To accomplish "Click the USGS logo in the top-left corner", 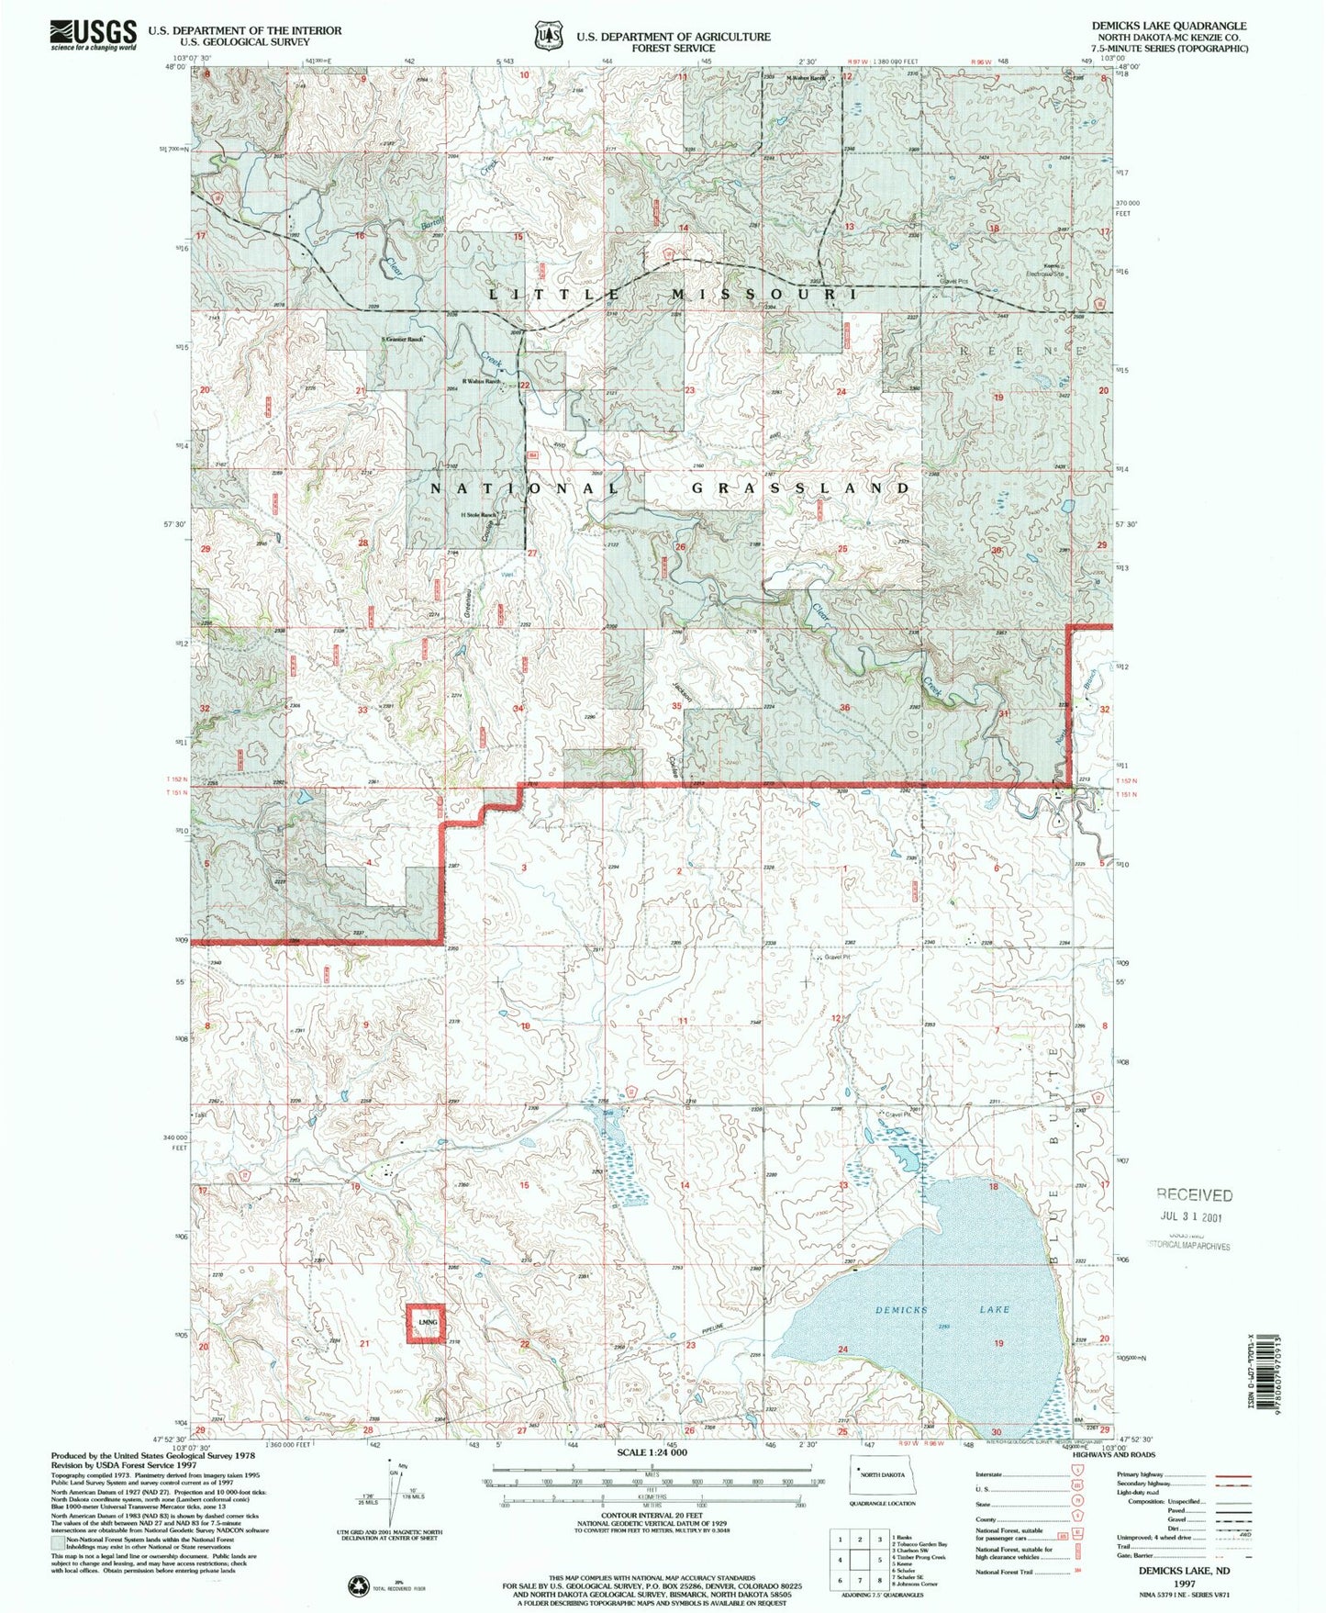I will click(93, 34).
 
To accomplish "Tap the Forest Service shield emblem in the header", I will click(548, 35).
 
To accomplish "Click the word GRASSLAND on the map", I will click(799, 488).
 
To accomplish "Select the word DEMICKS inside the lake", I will click(901, 1310).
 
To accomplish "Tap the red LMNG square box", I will click(427, 1322).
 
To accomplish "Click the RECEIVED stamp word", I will click(1194, 1194).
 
